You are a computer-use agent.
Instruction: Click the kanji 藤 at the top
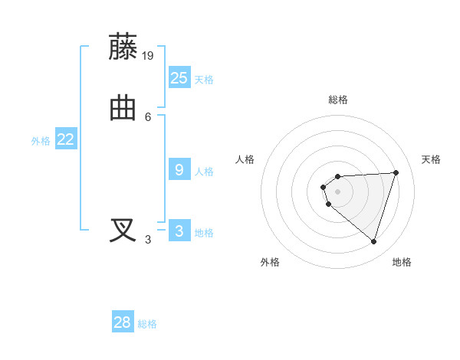click(x=123, y=47)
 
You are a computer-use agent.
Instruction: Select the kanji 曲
click(x=123, y=108)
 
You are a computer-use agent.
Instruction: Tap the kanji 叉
click(x=123, y=231)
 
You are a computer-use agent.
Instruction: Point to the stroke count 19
click(x=148, y=55)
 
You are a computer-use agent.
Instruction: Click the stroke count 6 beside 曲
click(x=148, y=116)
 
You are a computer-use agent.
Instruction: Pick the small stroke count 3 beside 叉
click(x=148, y=239)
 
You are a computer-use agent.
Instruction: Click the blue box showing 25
click(x=179, y=77)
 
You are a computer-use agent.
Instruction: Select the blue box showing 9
click(x=179, y=169)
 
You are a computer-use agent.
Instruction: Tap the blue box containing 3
click(x=179, y=231)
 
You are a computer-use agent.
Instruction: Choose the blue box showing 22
click(x=65, y=139)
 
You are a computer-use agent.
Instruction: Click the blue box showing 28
click(x=123, y=322)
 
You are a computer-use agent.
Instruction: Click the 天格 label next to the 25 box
click(x=204, y=80)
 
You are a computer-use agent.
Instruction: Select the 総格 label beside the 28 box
click(x=147, y=325)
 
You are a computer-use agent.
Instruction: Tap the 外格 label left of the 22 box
click(x=41, y=141)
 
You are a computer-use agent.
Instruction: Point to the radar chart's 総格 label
click(x=337, y=100)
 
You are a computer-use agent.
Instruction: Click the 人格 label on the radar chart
click(x=245, y=159)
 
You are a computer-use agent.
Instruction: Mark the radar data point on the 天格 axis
click(x=396, y=172)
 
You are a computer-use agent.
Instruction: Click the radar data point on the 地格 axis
click(x=373, y=241)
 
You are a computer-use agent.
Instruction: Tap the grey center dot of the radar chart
click(x=337, y=191)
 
